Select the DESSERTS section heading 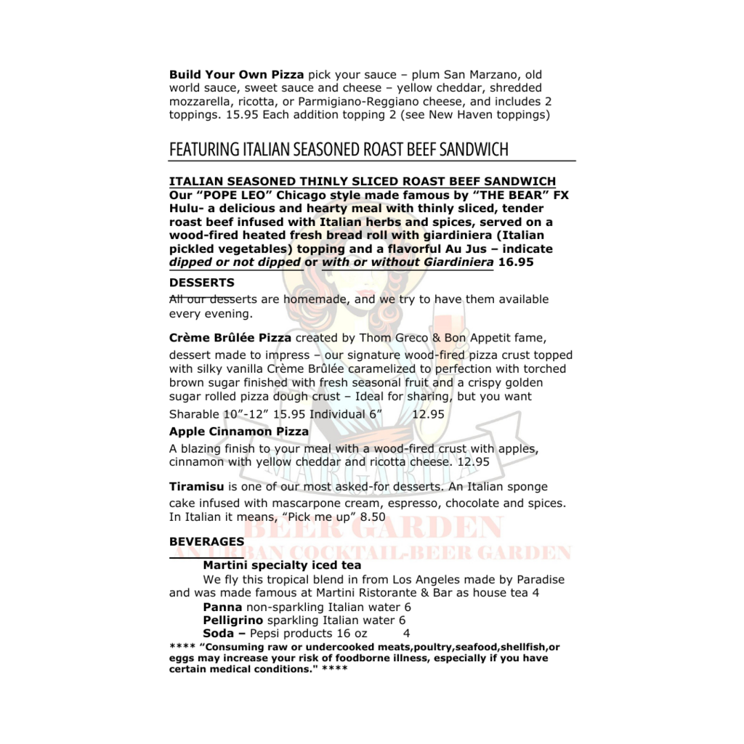(201, 283)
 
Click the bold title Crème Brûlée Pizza (230, 338)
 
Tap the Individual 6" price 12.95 (428, 414)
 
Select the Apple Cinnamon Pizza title (239, 432)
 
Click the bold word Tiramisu (196, 487)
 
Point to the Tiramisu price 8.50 (372, 517)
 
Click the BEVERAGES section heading (206, 542)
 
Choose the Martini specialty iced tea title (282, 565)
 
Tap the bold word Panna (222, 607)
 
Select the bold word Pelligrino (232, 620)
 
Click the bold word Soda (219, 634)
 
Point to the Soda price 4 (406, 634)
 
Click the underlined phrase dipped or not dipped (235, 262)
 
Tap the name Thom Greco (394, 338)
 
